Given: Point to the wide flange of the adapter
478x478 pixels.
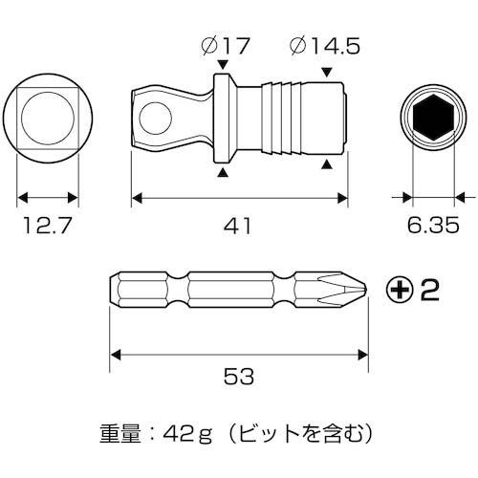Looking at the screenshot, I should pos(223,120).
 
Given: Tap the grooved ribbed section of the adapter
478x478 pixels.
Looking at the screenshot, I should pos(287,120).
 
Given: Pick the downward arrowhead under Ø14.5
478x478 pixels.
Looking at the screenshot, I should pos(328,70).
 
